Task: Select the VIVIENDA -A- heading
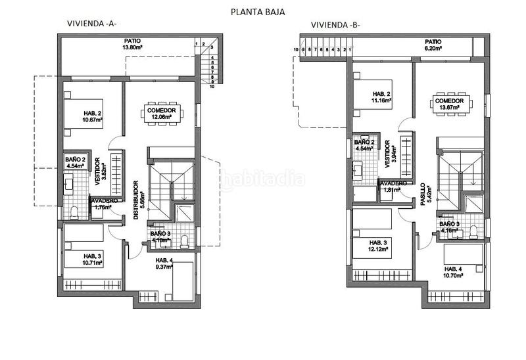92,24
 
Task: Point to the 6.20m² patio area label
433,45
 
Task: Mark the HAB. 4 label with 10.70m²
458,272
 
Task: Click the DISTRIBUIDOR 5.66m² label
137,200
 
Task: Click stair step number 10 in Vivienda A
212,85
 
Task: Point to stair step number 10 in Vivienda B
296,49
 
